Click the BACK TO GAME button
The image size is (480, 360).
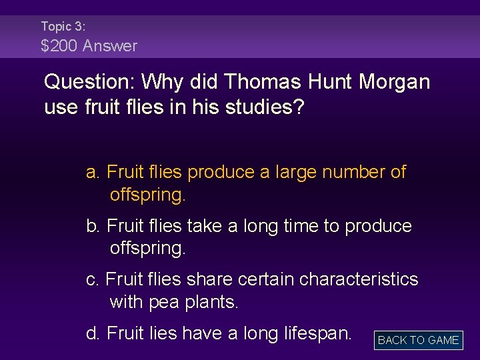(418, 340)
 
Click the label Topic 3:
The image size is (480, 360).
(63, 27)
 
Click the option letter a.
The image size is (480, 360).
(93, 173)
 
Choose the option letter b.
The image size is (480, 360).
(93, 226)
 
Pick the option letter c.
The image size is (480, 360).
(92, 279)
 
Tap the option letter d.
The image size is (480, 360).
(93, 332)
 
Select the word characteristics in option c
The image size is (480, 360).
(359, 279)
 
